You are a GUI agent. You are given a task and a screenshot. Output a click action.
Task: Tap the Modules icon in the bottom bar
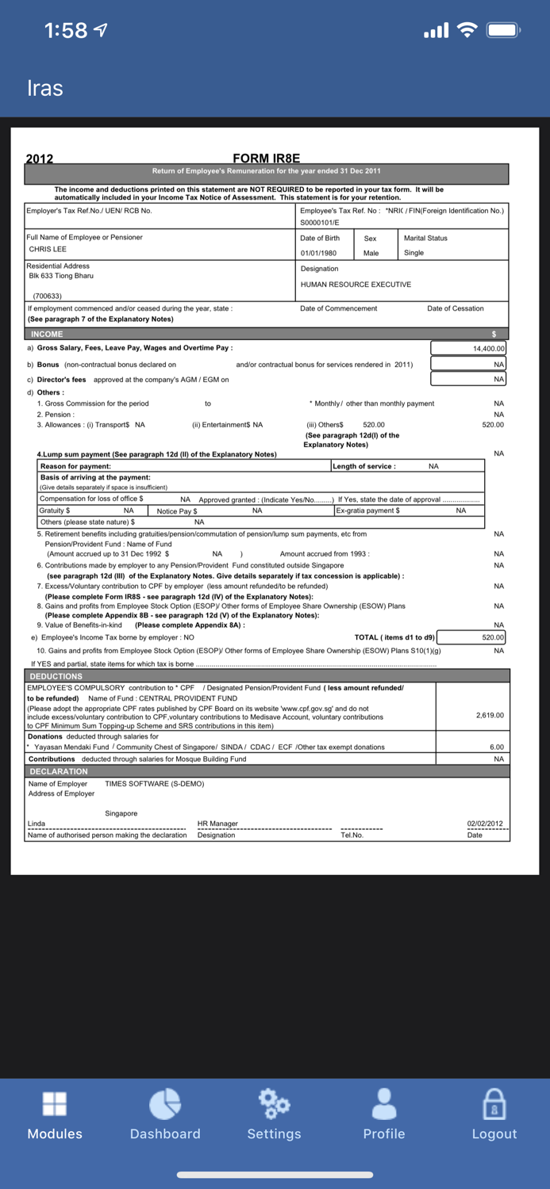click(x=55, y=1103)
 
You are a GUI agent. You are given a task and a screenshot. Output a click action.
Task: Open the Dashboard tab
click(x=165, y=1103)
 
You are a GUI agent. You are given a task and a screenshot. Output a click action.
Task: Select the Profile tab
click(x=384, y=1103)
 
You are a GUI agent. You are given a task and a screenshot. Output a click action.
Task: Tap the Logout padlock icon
click(x=494, y=1103)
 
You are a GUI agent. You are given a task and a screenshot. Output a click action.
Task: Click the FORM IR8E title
click(x=267, y=159)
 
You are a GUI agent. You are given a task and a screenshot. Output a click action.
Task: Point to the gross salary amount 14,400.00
click(x=488, y=349)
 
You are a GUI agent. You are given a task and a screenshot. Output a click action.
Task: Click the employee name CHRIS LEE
click(x=48, y=250)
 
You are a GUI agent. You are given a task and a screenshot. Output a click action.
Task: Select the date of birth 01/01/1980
click(x=318, y=254)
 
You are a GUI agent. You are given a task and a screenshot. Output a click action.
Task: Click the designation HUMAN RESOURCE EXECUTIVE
click(x=356, y=285)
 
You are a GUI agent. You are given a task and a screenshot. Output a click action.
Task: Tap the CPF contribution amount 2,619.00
click(x=490, y=715)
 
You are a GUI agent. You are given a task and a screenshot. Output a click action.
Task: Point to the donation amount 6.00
click(x=497, y=747)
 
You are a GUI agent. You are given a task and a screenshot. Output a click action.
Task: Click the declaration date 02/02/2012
click(x=485, y=824)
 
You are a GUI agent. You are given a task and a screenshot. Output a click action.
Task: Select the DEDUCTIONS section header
click(x=56, y=676)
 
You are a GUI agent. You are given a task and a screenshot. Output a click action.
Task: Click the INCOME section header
click(x=47, y=334)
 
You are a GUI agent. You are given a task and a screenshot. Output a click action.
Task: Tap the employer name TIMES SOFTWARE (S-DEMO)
click(x=154, y=783)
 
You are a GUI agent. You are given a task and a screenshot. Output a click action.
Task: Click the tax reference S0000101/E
click(x=320, y=223)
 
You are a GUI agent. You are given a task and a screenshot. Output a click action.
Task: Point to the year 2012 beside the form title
click(x=40, y=159)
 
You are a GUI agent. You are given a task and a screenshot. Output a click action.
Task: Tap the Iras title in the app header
click(x=44, y=88)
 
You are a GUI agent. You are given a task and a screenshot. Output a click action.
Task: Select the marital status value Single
click(x=413, y=253)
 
